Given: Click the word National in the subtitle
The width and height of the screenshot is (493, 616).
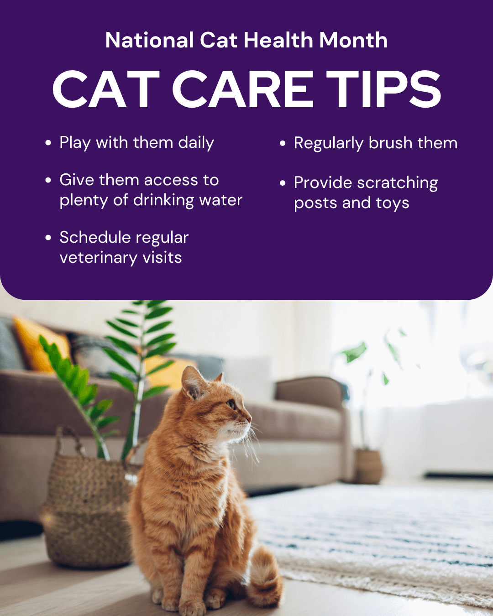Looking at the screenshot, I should (149, 40).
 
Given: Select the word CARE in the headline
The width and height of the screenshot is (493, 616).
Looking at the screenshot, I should (243, 89).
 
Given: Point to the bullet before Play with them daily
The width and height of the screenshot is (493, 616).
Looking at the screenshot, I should (48, 143).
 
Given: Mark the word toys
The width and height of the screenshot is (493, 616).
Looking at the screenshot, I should (392, 203).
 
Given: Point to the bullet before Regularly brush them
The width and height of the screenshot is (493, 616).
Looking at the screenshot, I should (283, 143).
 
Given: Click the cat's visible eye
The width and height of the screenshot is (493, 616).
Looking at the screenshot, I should (231, 404).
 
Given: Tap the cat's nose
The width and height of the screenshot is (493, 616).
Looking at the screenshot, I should (249, 417).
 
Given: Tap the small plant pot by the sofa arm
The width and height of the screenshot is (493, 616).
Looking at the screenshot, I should (368, 465).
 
